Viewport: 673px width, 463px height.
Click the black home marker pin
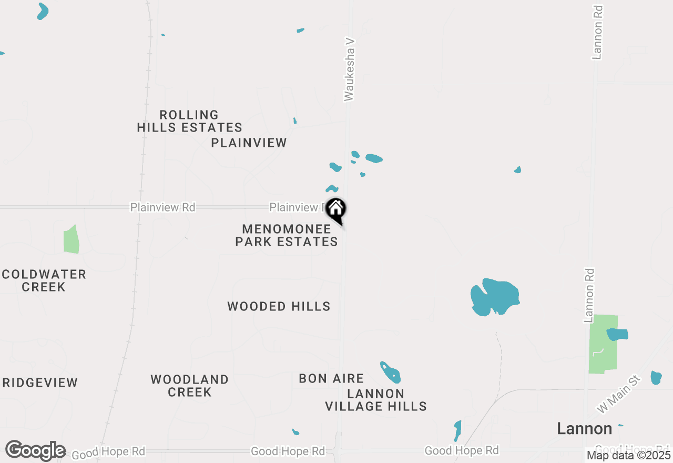[335, 209]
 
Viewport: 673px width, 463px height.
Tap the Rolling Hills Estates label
[189, 121]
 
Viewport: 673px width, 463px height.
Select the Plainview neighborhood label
[249, 143]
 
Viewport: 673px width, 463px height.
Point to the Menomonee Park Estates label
[287, 235]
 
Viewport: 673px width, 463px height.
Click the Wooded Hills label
[279, 306]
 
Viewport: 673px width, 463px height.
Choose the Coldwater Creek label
[44, 280]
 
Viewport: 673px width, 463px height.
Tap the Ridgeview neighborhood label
[40, 383]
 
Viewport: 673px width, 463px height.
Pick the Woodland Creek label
[189, 386]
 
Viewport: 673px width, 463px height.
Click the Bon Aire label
[331, 378]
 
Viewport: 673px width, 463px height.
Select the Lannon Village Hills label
[375, 400]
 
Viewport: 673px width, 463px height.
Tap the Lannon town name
[584, 429]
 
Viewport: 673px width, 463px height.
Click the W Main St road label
[619, 394]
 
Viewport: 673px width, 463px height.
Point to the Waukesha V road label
[350, 68]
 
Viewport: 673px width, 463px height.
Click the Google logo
[35, 451]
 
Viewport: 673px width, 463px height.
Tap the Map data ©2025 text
[629, 455]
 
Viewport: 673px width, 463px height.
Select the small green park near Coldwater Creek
[71, 240]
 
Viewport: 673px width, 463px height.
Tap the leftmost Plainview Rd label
[162, 207]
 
